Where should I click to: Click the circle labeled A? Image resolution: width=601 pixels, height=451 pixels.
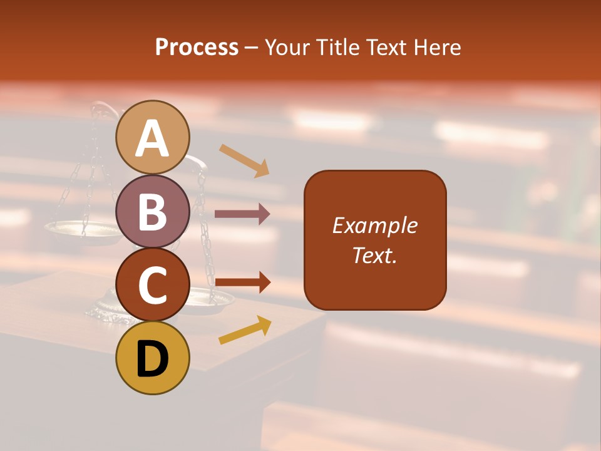153,137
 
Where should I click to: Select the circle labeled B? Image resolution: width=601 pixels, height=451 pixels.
153,211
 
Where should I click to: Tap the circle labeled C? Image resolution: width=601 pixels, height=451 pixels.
153,284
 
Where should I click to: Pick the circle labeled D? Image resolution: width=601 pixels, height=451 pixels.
153,358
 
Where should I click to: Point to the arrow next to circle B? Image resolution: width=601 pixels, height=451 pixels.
242,214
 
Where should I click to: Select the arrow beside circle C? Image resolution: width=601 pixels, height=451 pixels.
242,283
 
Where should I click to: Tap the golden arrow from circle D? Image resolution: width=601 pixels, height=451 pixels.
245,330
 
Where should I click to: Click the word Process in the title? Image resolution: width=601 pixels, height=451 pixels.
197,47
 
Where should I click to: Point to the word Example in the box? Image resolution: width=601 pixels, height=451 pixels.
374,225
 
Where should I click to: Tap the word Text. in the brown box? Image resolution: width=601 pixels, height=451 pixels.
374,255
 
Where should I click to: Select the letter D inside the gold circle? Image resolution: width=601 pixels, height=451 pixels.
153,359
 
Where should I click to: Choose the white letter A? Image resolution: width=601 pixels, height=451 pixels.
153,138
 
